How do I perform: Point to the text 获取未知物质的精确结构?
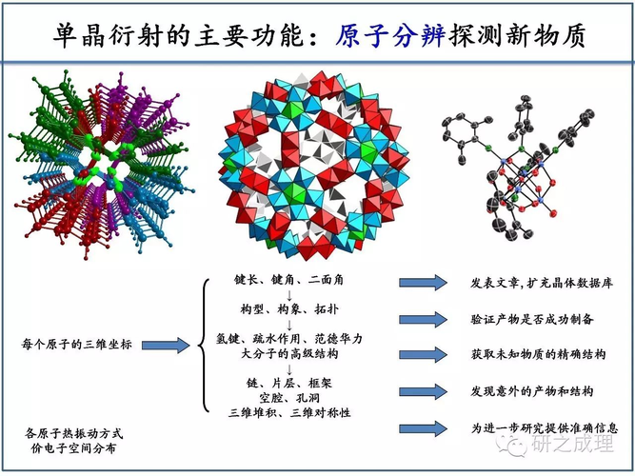[x=537, y=355]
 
